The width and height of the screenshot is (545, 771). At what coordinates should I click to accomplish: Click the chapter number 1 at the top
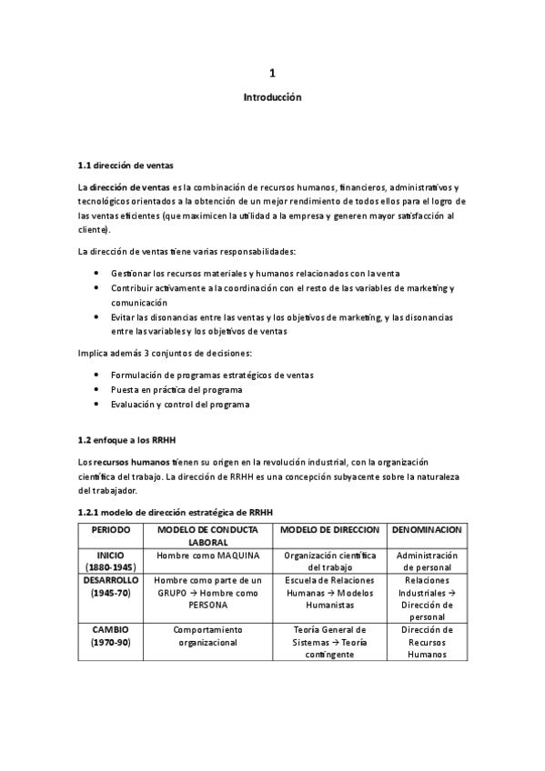[x=272, y=73]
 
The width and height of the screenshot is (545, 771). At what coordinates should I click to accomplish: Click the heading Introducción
[x=272, y=96]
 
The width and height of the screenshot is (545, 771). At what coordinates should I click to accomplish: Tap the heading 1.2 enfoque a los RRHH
[x=126, y=440]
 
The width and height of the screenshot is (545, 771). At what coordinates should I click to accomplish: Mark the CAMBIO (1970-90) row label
[x=111, y=636]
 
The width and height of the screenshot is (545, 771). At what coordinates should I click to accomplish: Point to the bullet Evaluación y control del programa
[x=179, y=404]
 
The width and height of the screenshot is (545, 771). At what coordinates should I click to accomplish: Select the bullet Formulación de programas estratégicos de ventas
[x=211, y=375]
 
